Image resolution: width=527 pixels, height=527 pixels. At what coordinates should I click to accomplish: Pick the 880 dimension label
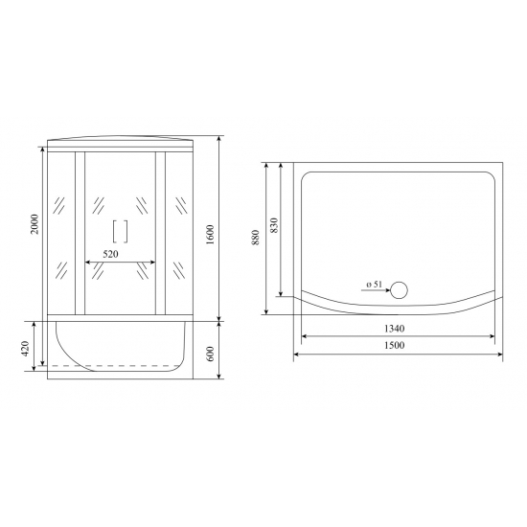click(255, 238)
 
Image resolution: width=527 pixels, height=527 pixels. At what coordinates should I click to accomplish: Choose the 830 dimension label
click(274, 227)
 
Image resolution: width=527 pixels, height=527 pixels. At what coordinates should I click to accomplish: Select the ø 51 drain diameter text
click(374, 285)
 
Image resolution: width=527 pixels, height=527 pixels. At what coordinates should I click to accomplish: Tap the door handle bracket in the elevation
click(121, 232)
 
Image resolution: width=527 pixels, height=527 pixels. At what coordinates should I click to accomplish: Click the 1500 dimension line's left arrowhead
click(296, 353)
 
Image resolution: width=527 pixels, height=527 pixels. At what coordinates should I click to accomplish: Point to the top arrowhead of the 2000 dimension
click(44, 149)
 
